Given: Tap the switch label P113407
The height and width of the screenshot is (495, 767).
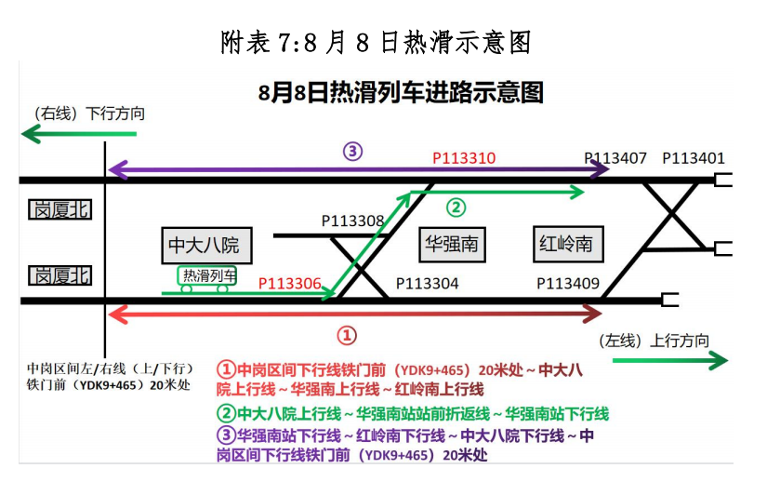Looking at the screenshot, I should [x=615, y=158].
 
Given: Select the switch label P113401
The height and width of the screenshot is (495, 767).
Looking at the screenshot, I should [x=693, y=158].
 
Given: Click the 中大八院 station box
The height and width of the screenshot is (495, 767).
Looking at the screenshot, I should [x=204, y=245].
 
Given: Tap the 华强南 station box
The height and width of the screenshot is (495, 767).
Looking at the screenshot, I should [x=451, y=244].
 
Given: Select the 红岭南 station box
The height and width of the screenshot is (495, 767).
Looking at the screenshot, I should [x=565, y=244].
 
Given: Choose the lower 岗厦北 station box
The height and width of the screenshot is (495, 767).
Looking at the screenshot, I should [x=60, y=275].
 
